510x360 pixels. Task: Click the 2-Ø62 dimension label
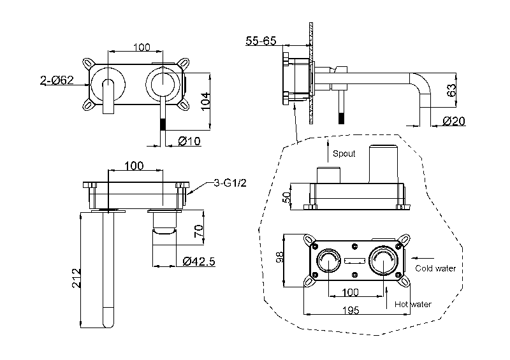click(x=57, y=80)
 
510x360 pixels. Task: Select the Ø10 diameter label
click(x=189, y=140)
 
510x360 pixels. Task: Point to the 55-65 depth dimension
click(x=261, y=41)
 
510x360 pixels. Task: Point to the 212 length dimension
click(x=76, y=278)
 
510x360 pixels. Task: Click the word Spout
click(x=344, y=154)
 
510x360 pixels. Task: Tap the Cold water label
click(x=435, y=268)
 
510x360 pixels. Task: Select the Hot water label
click(x=412, y=304)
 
